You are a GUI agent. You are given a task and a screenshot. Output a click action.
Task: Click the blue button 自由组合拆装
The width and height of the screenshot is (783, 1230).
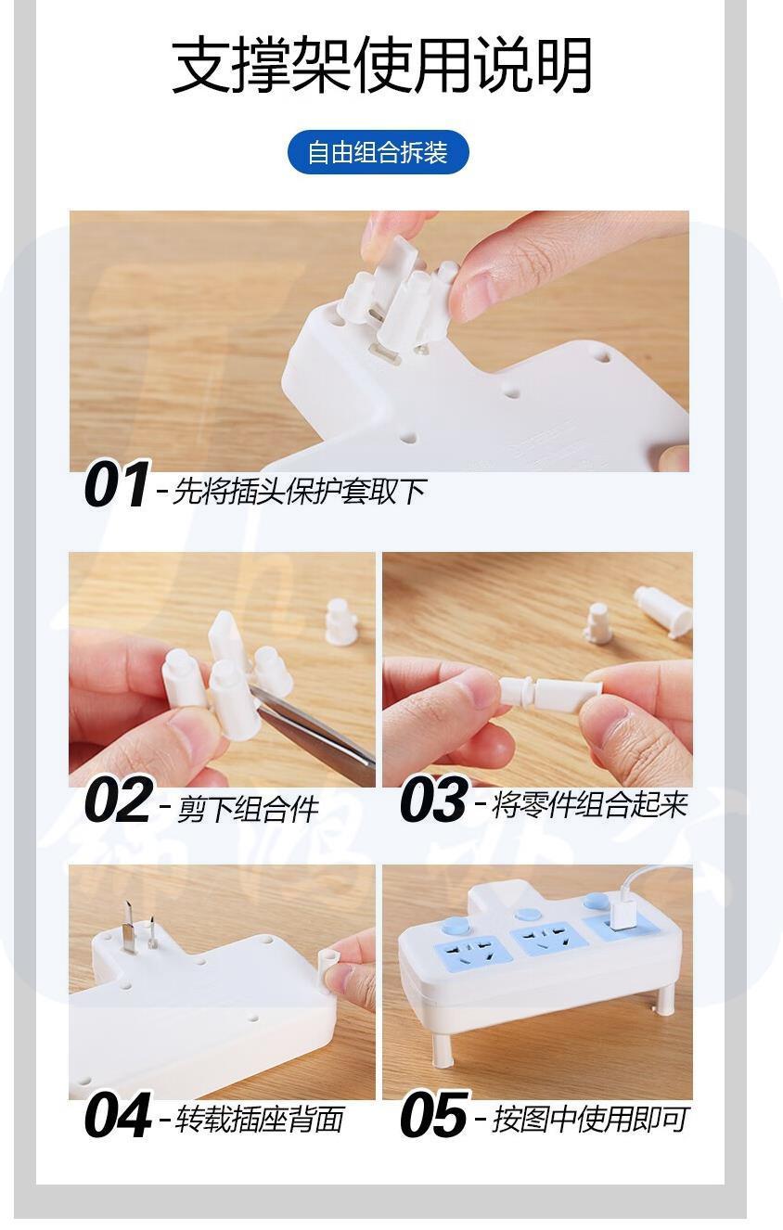pos(379,152)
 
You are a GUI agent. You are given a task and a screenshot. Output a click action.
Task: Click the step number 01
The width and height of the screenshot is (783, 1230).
pos(116,484)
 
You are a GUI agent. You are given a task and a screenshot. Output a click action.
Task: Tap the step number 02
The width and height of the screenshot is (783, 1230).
pos(119,799)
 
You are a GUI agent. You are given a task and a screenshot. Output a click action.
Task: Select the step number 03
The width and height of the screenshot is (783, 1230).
pos(434,799)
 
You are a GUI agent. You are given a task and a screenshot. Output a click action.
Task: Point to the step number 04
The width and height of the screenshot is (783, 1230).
pos(118,1114)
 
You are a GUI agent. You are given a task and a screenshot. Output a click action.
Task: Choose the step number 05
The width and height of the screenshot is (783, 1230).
pos(434,1114)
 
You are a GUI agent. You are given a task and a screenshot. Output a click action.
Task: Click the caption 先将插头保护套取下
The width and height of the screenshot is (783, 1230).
pos(300,491)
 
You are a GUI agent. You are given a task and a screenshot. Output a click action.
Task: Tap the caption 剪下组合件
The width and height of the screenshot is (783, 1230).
pos(248,807)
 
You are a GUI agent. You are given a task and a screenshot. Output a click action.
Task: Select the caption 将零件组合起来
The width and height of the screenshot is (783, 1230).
pos(589,804)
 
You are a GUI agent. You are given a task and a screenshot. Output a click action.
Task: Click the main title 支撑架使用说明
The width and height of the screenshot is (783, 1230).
pos(383,65)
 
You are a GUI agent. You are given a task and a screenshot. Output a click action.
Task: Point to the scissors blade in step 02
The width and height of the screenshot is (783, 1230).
pos(312,724)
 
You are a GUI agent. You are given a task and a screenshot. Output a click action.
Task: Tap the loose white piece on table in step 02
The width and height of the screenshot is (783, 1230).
pos(340,621)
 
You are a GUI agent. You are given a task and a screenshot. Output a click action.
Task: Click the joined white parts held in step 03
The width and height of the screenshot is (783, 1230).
pos(550,691)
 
